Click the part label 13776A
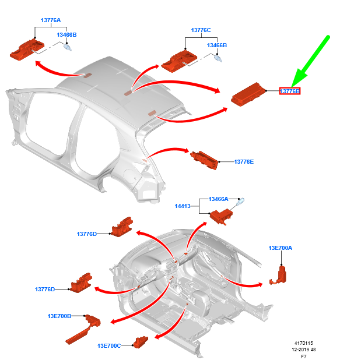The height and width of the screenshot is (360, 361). click(x=51, y=20)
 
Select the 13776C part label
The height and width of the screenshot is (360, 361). click(x=201, y=30)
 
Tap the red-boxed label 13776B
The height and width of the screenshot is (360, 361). click(x=290, y=91)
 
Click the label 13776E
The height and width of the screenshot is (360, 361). click(x=244, y=162)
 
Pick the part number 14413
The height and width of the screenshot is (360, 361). click(x=183, y=206)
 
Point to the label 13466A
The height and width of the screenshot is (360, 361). click(x=218, y=199)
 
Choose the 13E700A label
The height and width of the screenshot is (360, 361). click(x=280, y=248)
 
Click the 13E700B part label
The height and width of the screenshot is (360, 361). click(x=59, y=316)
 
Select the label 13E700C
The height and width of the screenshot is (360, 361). click(x=109, y=346)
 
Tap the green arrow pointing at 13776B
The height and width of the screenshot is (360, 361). click(x=311, y=61)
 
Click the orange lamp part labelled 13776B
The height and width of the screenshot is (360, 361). click(x=248, y=94)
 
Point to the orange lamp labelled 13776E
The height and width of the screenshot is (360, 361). click(x=204, y=160)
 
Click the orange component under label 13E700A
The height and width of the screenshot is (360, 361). click(x=279, y=276)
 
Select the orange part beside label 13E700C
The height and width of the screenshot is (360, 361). click(x=141, y=342)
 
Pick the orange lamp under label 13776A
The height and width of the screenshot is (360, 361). click(x=27, y=50)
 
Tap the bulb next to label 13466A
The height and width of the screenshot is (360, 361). click(x=240, y=202)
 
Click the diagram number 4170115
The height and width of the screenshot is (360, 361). click(x=304, y=343)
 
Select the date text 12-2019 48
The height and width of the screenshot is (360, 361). click(x=304, y=350)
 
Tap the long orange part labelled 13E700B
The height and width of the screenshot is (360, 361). click(x=83, y=329)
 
